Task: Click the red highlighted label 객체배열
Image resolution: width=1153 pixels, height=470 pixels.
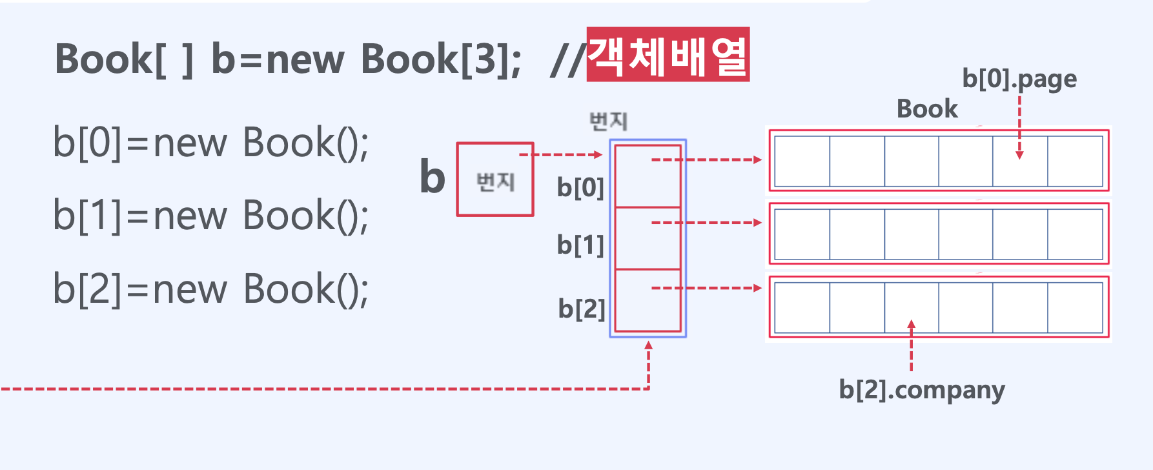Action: point(668,55)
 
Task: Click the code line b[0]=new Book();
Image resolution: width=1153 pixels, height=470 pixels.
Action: point(210,143)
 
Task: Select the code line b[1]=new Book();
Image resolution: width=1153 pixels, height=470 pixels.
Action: point(210,216)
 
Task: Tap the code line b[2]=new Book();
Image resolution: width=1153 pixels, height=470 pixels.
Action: point(210,289)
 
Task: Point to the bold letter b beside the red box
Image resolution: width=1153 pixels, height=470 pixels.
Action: point(433,177)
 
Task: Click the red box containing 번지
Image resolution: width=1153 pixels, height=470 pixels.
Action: point(495,180)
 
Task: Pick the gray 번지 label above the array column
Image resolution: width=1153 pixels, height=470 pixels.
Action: point(608,121)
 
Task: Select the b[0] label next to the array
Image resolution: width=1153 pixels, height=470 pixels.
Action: point(580,188)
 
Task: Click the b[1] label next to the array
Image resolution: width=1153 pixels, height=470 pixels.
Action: point(580,245)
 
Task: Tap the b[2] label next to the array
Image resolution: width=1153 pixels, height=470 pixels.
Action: point(582,309)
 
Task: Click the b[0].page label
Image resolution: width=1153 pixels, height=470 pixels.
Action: point(1019,79)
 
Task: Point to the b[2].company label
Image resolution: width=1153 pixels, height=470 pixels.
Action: point(922,390)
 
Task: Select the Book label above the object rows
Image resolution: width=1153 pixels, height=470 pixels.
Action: point(927,109)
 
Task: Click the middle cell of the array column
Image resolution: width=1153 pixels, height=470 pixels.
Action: point(648,238)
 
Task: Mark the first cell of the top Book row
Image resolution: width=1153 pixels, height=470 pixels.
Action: point(802,161)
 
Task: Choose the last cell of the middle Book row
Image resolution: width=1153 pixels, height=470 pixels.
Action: point(1075,234)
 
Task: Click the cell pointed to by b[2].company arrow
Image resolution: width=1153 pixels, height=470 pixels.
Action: point(911,307)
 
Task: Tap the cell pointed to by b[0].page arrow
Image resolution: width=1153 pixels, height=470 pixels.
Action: point(1020,161)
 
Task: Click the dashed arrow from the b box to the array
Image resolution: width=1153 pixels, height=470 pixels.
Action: point(560,155)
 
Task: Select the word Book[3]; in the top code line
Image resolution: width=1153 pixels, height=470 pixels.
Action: point(441,59)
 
